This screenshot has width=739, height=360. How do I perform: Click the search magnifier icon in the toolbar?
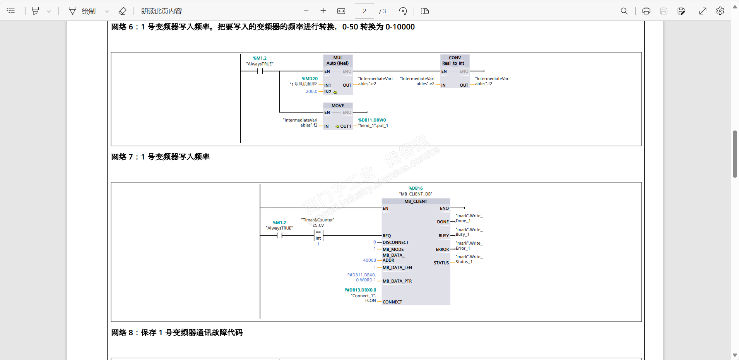(x=624, y=11)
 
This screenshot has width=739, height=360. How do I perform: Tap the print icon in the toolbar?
(x=646, y=11)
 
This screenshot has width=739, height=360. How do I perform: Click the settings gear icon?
(x=720, y=11)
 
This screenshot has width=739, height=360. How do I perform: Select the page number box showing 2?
(x=364, y=11)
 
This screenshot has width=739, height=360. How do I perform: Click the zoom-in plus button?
(x=323, y=11)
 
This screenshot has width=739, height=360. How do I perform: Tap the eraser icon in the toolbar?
(x=122, y=11)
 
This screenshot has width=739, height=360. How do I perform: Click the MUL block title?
(x=338, y=58)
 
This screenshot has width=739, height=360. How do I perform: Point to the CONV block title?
(x=455, y=58)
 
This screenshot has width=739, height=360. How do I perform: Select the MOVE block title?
(x=338, y=106)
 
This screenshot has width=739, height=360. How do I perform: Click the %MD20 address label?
(x=310, y=79)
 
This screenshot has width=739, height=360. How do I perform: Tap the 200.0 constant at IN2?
(x=311, y=91)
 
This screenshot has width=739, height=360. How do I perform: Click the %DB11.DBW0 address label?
(x=372, y=120)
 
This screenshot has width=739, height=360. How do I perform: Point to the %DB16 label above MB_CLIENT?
(x=416, y=188)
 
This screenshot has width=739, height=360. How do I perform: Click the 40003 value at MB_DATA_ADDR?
(x=369, y=260)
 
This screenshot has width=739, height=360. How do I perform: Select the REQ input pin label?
(x=387, y=236)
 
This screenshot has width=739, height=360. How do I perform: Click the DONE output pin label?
(x=443, y=222)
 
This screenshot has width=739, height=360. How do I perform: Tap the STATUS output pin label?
(x=441, y=263)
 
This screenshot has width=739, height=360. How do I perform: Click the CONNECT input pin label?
(x=392, y=302)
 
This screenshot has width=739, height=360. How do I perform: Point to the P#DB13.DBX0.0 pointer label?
(x=360, y=290)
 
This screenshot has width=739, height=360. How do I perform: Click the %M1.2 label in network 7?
(x=279, y=223)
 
